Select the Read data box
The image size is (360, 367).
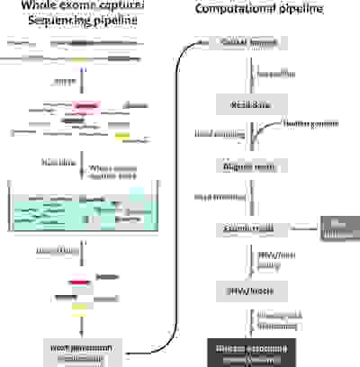pyautogui.click(x=244, y=104)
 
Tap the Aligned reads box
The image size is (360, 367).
pyautogui.click(x=244, y=167)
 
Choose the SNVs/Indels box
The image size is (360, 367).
pyautogui.click(x=244, y=291)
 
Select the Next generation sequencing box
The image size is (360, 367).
pyautogui.click(x=82, y=350)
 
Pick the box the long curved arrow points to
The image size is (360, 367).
pyautogui.click(x=244, y=42)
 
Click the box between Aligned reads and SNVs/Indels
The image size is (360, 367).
pyautogui.click(x=244, y=230)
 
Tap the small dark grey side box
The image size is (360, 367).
pyautogui.click(x=338, y=230)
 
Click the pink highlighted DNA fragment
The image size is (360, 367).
pyautogui.click(x=85, y=105)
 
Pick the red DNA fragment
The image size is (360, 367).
pyautogui.click(x=78, y=282)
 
